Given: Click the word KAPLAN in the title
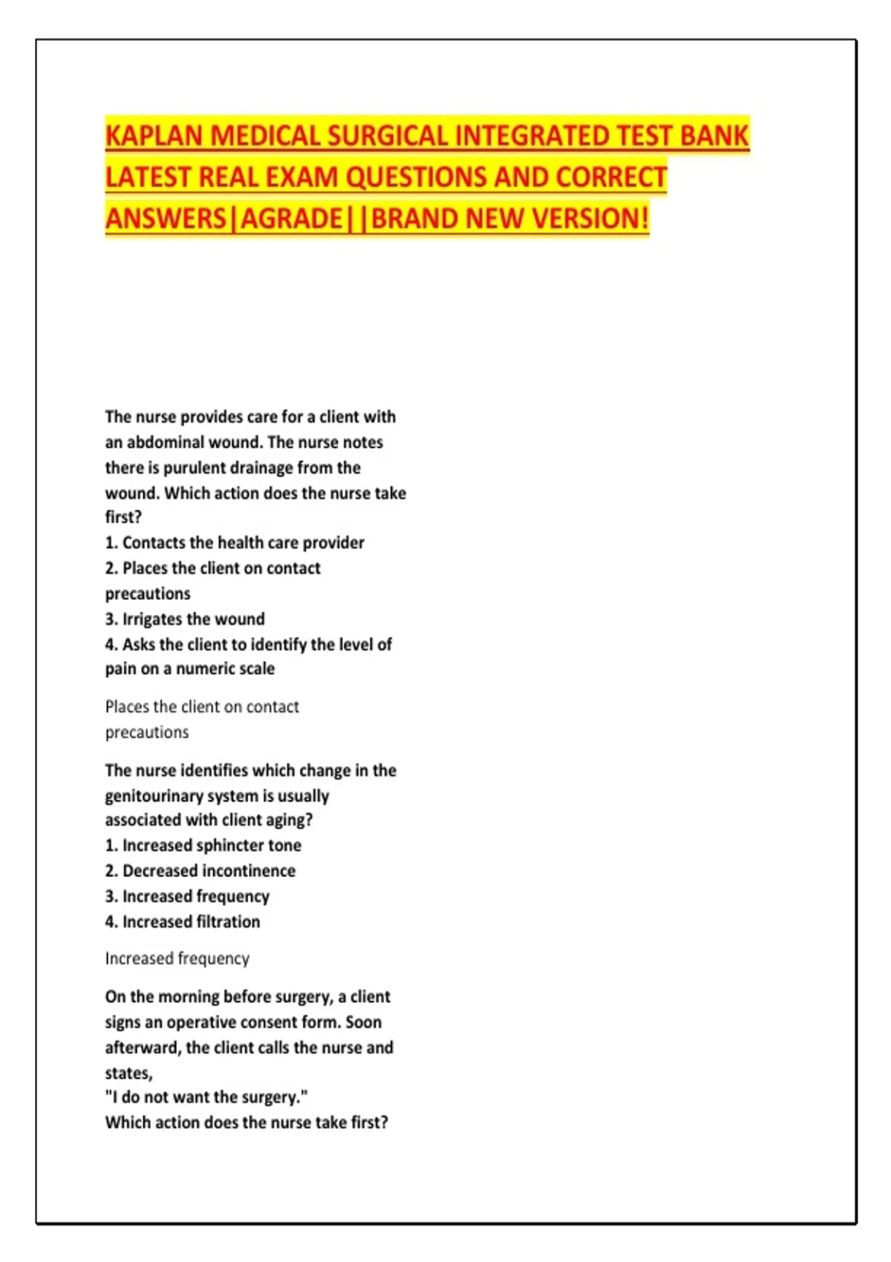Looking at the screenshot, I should point(154,137).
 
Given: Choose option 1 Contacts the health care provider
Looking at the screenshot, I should point(235,543).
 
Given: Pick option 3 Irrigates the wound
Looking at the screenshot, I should point(185,619).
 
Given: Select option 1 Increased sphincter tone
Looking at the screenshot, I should point(203,846).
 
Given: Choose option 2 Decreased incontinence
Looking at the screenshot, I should point(200,871).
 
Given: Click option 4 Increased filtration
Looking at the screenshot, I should point(183,922).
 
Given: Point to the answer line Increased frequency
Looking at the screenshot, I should point(177,958).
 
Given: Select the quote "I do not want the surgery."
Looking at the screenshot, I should point(206,1097).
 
